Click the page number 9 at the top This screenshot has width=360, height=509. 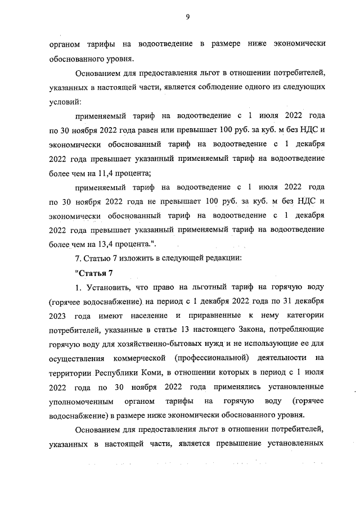[x=188, y=17]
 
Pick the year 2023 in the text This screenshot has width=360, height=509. [x=58, y=317]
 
